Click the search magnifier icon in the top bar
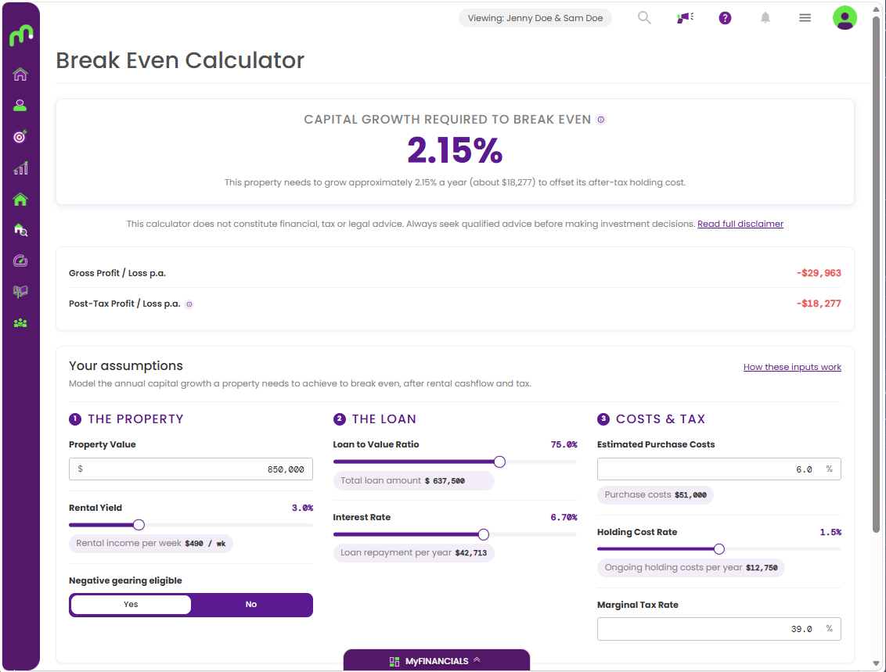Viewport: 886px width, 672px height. (644, 18)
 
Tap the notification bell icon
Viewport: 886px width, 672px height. (765, 18)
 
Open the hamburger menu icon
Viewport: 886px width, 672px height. (805, 18)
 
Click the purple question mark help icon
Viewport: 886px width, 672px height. (725, 18)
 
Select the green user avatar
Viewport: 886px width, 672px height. (845, 18)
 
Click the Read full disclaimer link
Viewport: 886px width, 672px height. (740, 224)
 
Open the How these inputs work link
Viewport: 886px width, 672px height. (792, 367)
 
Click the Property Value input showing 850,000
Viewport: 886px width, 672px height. (191, 469)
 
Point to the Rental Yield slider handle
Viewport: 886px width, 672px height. (139, 525)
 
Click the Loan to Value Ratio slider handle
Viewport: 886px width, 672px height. (499, 462)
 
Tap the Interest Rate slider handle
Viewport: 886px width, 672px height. (483, 534)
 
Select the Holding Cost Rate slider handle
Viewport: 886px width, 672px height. (719, 549)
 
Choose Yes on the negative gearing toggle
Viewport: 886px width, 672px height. (131, 605)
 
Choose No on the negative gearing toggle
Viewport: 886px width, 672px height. (251, 605)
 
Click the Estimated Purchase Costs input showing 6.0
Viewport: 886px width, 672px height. (719, 469)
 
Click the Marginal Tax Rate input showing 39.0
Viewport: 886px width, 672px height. (719, 629)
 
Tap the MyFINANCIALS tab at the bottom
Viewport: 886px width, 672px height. (437, 661)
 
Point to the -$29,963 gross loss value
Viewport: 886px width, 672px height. (819, 273)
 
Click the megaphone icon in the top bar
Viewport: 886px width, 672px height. (685, 18)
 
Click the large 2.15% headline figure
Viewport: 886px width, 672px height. (455, 151)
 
